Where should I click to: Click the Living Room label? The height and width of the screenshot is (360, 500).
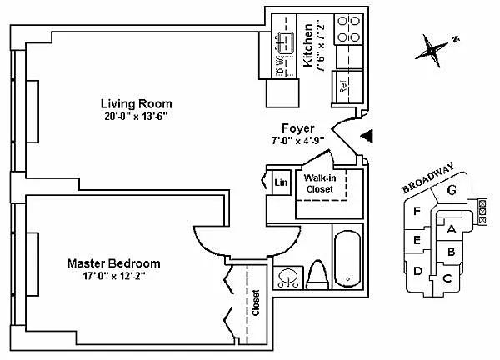[136, 104]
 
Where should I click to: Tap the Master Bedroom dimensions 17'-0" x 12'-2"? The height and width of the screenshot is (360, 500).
[114, 276]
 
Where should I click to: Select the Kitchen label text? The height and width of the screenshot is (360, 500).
[307, 45]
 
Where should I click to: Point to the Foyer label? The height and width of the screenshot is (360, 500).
[298, 128]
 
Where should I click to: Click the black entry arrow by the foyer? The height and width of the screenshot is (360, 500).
[367, 136]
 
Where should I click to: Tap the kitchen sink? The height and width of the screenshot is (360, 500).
[286, 43]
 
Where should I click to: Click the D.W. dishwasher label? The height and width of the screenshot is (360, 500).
[281, 66]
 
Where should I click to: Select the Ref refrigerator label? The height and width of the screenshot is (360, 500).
[343, 87]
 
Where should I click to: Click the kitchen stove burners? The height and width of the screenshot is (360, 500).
[348, 29]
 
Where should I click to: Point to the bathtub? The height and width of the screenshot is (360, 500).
[347, 259]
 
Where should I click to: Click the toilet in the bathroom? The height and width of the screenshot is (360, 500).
[317, 275]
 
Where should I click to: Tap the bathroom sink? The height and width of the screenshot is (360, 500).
[288, 278]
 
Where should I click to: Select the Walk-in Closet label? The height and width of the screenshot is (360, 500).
[320, 183]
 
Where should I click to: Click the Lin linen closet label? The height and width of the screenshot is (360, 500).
[281, 182]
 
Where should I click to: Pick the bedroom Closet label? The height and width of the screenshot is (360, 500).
[256, 303]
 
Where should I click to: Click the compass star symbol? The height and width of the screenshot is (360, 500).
[431, 50]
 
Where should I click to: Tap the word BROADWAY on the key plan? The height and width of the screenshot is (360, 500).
[427, 178]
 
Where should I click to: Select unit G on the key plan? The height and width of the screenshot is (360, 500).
[452, 190]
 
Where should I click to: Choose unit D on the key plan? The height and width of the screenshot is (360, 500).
[417, 271]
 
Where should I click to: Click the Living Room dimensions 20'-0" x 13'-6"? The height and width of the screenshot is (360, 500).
[136, 117]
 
